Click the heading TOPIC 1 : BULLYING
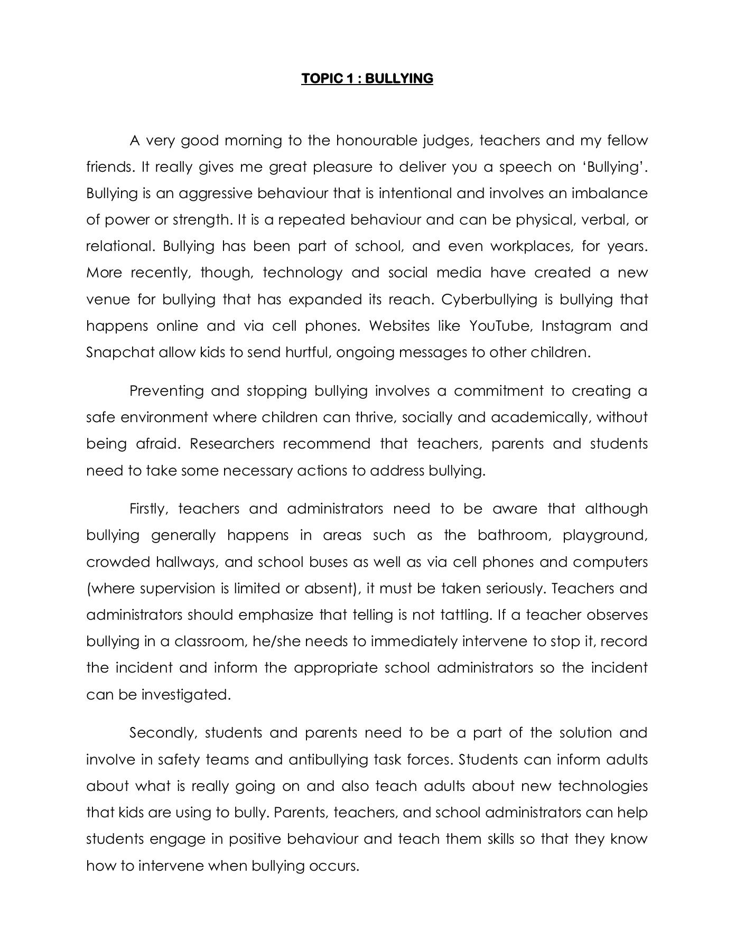click(x=367, y=79)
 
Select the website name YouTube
click(x=500, y=326)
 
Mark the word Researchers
click(x=232, y=444)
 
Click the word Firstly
click(x=148, y=509)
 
